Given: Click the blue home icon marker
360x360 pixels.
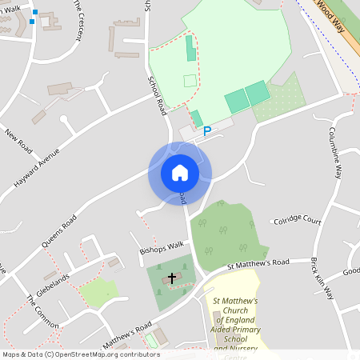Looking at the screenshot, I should click(180, 173).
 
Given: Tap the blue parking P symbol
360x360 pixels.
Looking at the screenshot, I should click(207, 131).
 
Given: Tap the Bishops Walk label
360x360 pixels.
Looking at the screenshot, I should click(162, 248).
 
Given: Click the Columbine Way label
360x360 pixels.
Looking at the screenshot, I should click(338, 151).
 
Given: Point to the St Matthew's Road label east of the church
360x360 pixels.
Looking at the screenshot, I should click(258, 264).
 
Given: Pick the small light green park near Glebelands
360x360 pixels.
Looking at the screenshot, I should click(99, 293).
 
